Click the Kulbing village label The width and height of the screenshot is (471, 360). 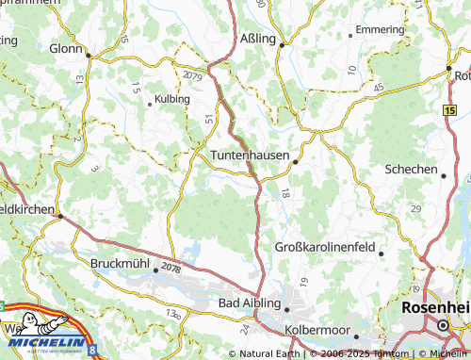pyautogui.click(x=171, y=98)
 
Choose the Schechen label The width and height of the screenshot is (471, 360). pyautogui.click(x=411, y=170)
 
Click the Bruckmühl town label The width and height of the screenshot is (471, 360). pyautogui.click(x=120, y=263)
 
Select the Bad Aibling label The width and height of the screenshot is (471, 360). pyautogui.click(x=249, y=303)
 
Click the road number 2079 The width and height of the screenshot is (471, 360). pyautogui.click(x=193, y=74)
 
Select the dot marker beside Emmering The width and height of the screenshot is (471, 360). pyautogui.click(x=350, y=35)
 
